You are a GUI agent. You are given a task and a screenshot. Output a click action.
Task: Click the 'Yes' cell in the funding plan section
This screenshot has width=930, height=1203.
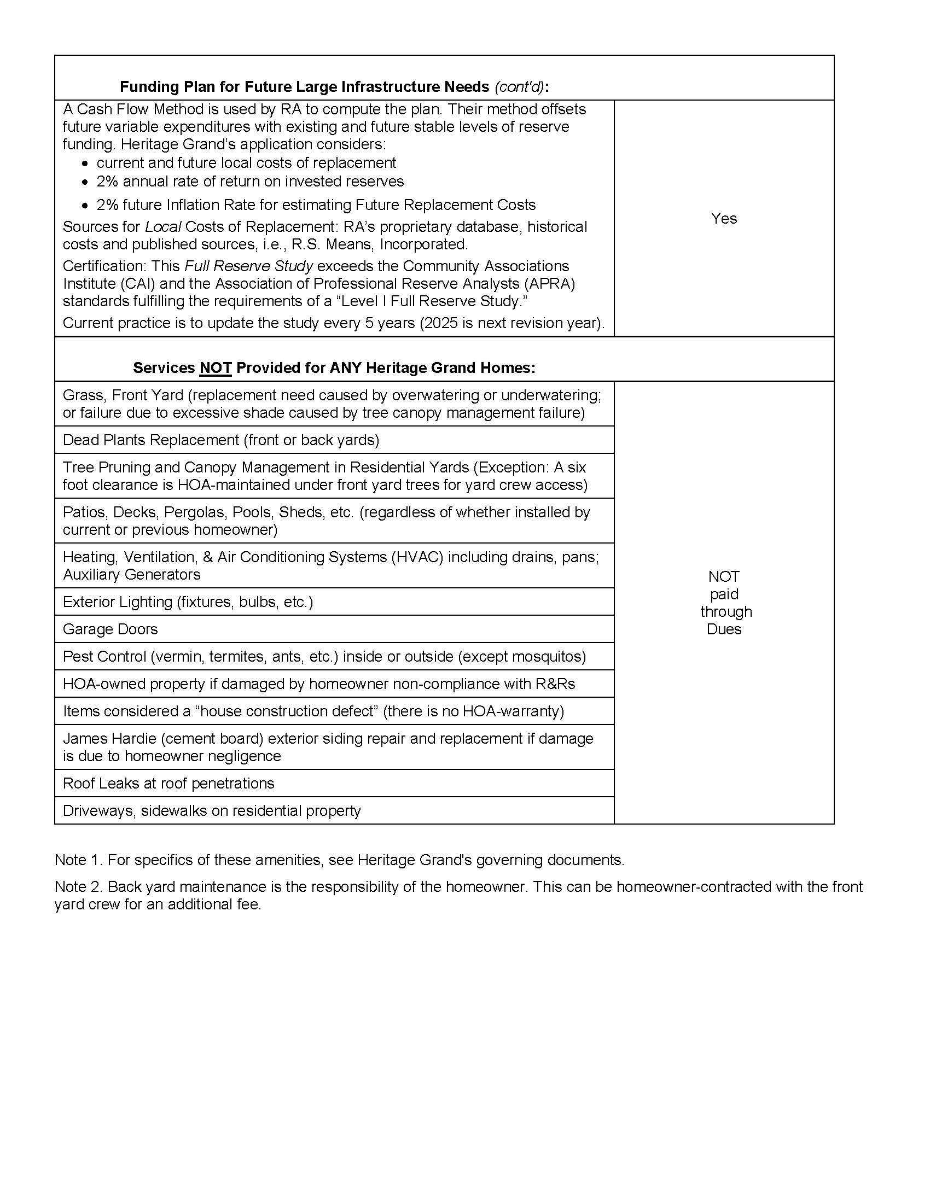[723, 219]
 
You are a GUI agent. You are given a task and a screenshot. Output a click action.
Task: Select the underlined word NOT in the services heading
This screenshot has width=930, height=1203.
[216, 368]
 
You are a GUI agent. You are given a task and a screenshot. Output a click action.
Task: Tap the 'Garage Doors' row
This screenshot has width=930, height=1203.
[110, 629]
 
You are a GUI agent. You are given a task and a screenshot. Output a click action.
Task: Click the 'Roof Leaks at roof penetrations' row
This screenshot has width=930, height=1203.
[168, 783]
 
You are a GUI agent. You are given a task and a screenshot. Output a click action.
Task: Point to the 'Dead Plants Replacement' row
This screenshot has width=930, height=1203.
[221, 440]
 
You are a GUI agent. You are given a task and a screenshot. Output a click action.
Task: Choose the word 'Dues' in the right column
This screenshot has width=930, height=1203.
[723, 629]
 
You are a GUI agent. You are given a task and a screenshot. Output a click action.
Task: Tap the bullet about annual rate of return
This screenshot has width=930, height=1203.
[250, 182]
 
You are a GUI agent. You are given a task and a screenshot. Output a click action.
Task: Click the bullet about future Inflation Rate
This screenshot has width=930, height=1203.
[316, 205]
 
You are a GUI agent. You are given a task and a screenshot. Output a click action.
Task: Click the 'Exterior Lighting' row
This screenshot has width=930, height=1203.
[188, 602]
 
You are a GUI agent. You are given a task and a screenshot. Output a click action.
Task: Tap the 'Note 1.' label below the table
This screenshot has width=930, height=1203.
[78, 860]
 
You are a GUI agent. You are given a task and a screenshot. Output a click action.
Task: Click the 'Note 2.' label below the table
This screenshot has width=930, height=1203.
[78, 887]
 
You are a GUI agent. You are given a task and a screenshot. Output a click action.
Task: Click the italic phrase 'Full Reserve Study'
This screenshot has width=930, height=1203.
[248, 266]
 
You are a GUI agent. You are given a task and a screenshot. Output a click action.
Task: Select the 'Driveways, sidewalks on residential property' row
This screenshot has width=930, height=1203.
[212, 811]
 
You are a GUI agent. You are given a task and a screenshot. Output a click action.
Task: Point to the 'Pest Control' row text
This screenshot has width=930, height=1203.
[324, 657]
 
